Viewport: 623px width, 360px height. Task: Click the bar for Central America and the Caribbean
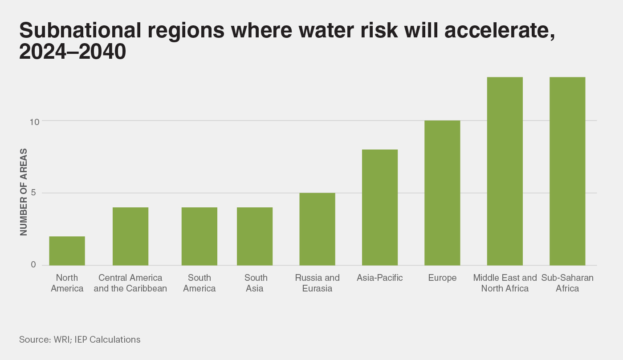(130, 236)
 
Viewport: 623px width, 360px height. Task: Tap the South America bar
(200, 236)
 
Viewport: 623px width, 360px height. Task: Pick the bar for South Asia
(255, 236)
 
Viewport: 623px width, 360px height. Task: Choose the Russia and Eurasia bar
(317, 229)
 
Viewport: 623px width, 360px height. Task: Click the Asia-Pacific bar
(380, 207)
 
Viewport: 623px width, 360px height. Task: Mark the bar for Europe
(442, 193)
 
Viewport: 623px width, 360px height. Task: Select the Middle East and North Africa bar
(505, 171)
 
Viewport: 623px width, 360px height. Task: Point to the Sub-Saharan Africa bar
(567, 171)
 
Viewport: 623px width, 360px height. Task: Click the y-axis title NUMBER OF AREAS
(24, 193)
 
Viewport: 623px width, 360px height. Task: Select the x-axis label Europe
(442, 278)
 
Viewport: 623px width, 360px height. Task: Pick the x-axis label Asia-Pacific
(380, 278)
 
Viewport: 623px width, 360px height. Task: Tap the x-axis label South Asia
(256, 283)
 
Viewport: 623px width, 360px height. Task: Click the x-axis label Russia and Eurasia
(317, 283)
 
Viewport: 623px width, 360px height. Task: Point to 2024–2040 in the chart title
(73, 53)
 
